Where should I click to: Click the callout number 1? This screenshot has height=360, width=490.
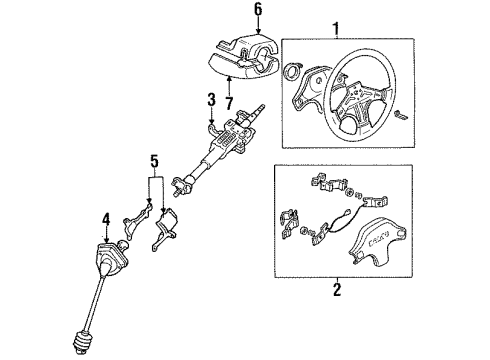[x=336, y=29]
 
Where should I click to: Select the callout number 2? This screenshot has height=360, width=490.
[x=337, y=289]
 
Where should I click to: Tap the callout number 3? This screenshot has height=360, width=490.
[x=212, y=100]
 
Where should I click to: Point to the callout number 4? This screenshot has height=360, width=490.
[x=106, y=220]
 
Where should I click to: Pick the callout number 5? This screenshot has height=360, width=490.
[x=154, y=161]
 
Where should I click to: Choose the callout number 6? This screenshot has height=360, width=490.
[x=258, y=9]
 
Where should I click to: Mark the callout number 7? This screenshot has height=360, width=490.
[x=229, y=103]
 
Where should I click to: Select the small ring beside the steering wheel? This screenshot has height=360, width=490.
[x=292, y=71]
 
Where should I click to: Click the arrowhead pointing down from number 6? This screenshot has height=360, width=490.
[x=258, y=31]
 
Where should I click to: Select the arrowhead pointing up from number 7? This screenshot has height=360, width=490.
[x=229, y=79]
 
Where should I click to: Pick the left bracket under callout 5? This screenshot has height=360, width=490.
[x=136, y=220]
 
